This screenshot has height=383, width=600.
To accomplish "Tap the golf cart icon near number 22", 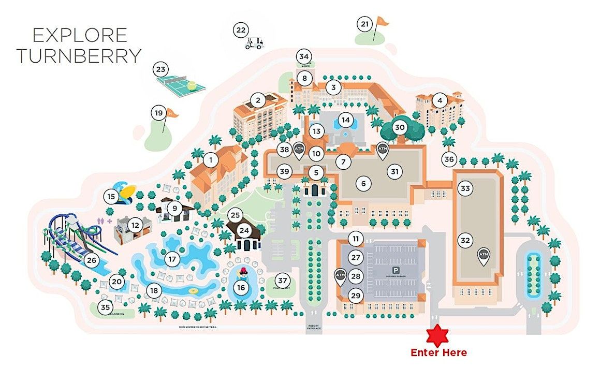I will pyautogui.click(x=254, y=43).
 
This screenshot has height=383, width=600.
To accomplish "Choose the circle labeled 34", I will pyautogui.click(x=304, y=56).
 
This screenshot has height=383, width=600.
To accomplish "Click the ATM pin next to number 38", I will pyautogui.click(x=299, y=150).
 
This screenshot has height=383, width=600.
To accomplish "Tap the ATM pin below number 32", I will pyautogui.click(x=483, y=256).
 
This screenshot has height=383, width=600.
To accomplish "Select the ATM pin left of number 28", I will pyautogui.click(x=340, y=276).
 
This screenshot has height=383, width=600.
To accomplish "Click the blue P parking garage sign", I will pyautogui.click(x=396, y=270).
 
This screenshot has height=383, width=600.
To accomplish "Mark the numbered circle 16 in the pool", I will pyautogui.click(x=241, y=287).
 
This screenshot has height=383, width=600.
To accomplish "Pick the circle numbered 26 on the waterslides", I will pyautogui.click(x=92, y=260).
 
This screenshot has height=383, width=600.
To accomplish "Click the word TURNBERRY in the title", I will pyautogui.click(x=79, y=55).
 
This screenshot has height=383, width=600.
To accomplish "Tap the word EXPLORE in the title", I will pyautogui.click(x=79, y=35).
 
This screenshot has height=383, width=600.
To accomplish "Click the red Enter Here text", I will pyautogui.click(x=438, y=353).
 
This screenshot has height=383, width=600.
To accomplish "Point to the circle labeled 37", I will pyautogui.click(x=282, y=280).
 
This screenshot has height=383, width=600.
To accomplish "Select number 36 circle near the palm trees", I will pyautogui.click(x=449, y=159).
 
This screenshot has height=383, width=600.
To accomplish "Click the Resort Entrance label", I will pyautogui.click(x=314, y=327).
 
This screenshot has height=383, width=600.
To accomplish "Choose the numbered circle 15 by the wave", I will pyautogui.click(x=111, y=197).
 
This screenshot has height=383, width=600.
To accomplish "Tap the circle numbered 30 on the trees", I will pyautogui.click(x=399, y=127).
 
